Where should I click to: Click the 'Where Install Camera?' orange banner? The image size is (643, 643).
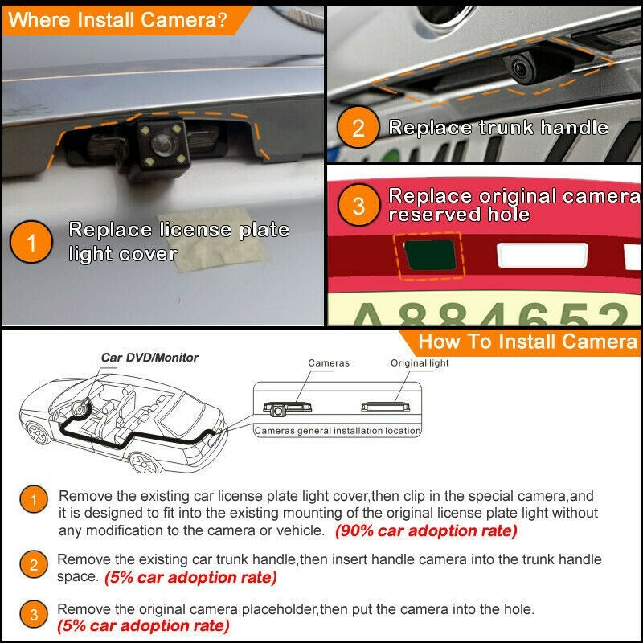(121, 20)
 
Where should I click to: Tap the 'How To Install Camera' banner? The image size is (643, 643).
(526, 341)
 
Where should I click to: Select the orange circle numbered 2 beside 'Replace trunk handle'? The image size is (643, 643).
(359, 129)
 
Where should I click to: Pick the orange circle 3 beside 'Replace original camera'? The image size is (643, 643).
(358, 207)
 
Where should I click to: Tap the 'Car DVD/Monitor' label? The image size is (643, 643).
(149, 358)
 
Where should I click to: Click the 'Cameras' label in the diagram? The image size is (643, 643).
(329, 363)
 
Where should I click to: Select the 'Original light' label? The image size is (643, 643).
(420, 363)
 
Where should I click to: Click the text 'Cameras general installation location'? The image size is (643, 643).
(338, 431)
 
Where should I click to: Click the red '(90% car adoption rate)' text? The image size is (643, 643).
(426, 531)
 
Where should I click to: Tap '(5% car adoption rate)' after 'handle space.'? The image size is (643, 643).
(190, 577)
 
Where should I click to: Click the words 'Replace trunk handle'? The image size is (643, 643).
(498, 128)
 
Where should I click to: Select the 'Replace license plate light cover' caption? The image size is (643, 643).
(178, 241)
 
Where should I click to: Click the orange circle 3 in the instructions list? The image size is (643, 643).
(33, 616)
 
